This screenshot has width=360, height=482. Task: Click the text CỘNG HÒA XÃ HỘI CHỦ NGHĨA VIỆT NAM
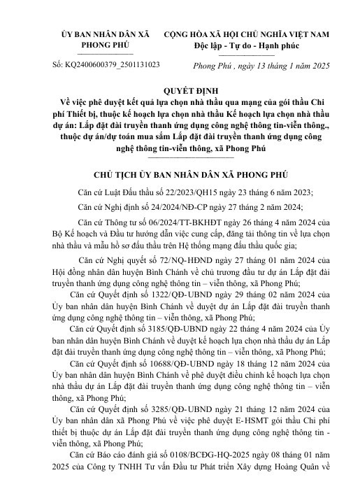(256, 34)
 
